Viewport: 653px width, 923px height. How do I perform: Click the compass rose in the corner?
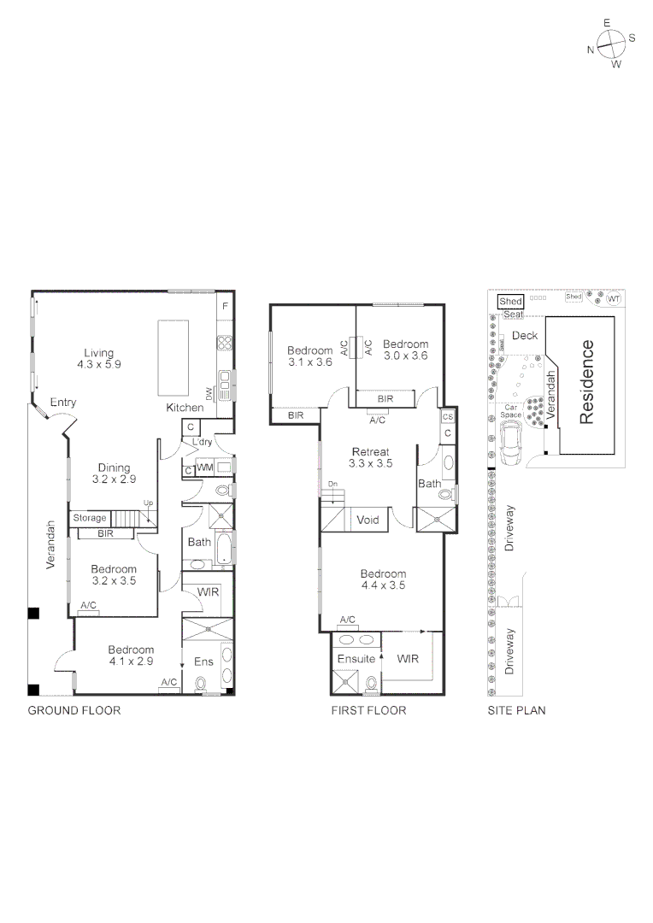(610, 44)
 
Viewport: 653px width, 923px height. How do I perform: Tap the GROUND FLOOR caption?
(74, 710)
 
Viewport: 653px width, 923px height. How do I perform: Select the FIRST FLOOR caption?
(368, 710)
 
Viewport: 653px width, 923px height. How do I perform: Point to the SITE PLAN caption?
(516, 710)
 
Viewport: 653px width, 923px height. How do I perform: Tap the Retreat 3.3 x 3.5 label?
(370, 457)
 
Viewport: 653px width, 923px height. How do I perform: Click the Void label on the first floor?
(368, 519)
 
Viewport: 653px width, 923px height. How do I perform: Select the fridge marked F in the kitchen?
(226, 306)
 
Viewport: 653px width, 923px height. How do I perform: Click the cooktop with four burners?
(226, 344)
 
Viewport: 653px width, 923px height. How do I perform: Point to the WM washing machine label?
(204, 467)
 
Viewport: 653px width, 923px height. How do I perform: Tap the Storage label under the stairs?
(89, 518)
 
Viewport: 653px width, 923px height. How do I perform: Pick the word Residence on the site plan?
(587, 382)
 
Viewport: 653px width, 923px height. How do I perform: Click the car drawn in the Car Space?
(514, 442)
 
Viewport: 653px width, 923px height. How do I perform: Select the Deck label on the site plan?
(525, 335)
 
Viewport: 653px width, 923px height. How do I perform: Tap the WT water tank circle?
(613, 298)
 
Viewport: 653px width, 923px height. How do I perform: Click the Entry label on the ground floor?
(62, 403)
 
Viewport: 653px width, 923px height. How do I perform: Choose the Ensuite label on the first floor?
(356, 659)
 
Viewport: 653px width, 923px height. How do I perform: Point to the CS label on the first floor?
(447, 417)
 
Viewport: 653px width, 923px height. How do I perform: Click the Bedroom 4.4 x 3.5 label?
(383, 579)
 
